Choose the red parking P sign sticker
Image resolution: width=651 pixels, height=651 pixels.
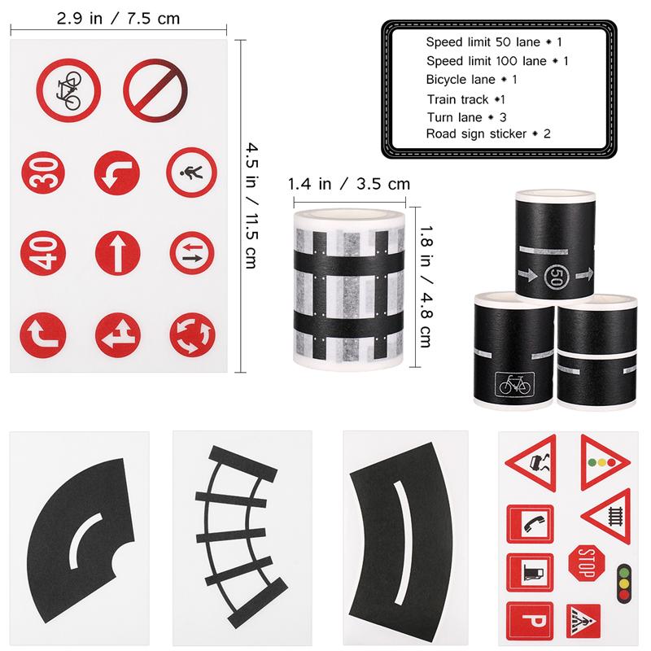click(x=529, y=622)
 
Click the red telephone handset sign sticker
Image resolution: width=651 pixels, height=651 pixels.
click(x=529, y=523)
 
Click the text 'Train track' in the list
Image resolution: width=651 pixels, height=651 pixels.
click(x=457, y=99)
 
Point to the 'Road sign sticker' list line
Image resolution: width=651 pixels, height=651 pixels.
click(x=488, y=133)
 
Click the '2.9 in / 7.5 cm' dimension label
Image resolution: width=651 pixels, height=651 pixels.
click(x=119, y=18)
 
